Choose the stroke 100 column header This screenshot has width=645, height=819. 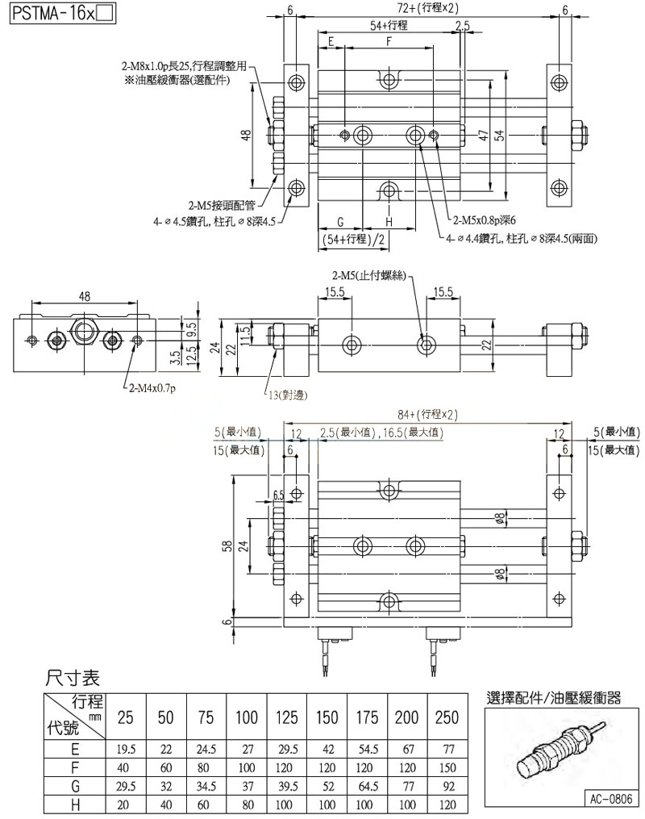(x=247, y=715)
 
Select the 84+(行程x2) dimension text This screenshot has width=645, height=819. (x=427, y=414)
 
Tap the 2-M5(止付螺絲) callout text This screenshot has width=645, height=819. (x=370, y=278)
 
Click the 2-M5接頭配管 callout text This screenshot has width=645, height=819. (x=221, y=205)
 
